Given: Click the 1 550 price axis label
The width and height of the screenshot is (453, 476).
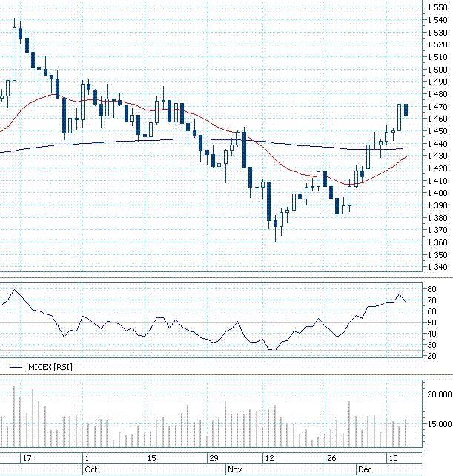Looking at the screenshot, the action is tap(437, 7).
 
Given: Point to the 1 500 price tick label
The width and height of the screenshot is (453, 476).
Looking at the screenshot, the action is tap(437, 70).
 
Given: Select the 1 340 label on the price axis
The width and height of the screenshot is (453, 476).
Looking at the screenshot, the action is tap(437, 267).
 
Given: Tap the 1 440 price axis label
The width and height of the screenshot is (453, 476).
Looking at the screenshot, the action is tap(437, 144).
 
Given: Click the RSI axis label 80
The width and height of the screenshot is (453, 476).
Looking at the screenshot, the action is tap(431, 289).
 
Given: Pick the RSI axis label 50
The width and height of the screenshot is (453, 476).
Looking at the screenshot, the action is tap(431, 323).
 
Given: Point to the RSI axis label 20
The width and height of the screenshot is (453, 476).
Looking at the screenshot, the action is tap(431, 356).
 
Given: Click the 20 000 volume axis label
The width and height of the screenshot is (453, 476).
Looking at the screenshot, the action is tap(440, 394).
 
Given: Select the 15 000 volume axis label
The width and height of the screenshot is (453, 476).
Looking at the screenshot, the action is tap(440, 424).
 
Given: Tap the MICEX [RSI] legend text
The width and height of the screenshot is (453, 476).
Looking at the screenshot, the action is tap(50, 367).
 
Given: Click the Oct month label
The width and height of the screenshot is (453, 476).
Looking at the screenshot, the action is tap(90, 469).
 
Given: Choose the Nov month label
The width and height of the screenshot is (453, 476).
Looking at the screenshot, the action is tap(235, 469).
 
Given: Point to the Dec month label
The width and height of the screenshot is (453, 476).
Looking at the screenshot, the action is tap(365, 469).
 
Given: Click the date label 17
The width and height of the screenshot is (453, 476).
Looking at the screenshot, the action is tap(27, 458).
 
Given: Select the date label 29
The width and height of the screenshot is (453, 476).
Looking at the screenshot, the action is tap(214, 458).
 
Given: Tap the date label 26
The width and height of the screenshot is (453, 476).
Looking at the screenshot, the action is tap(331, 458).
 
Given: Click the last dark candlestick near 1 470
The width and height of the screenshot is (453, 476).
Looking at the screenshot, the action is tap(406, 110).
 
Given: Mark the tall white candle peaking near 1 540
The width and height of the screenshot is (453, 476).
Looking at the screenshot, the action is tap(14, 54).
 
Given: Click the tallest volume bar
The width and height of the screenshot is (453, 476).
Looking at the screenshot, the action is tap(14, 416).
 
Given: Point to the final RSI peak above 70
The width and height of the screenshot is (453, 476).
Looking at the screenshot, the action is tap(400, 294).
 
